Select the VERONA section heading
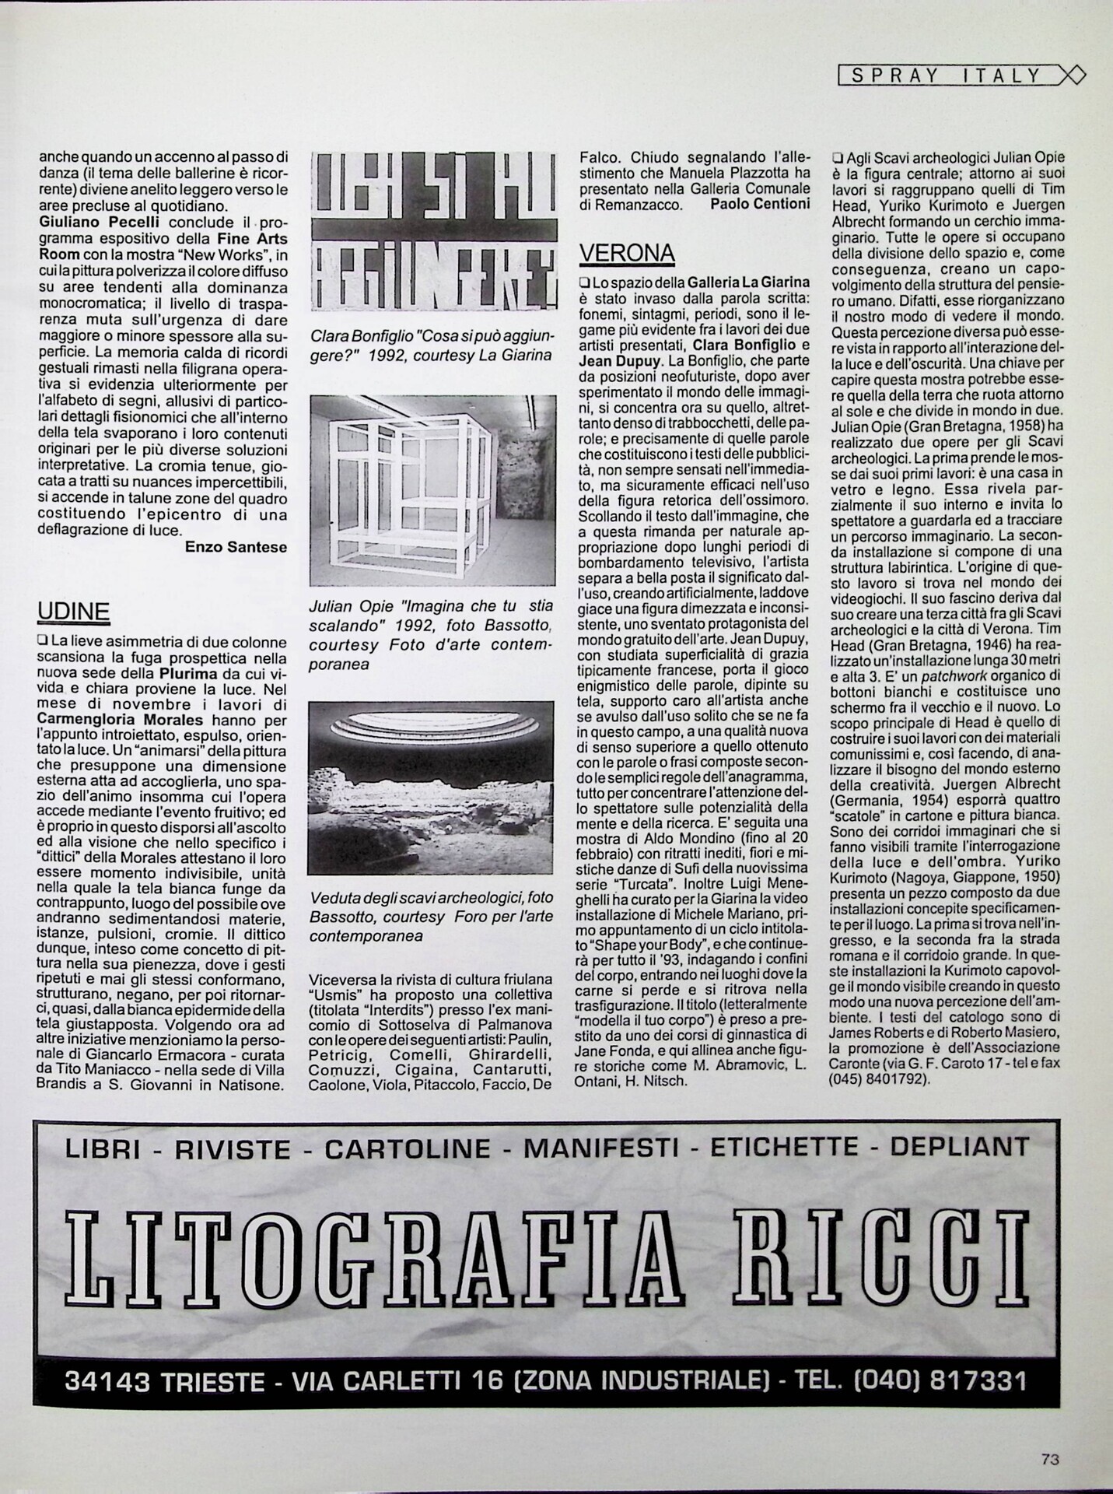click(628, 253)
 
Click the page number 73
click(1050, 1459)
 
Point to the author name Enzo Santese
click(236, 547)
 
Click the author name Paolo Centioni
click(761, 204)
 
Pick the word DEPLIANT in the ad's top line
click(959, 1147)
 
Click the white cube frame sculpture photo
click(432, 490)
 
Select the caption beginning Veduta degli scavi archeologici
click(431, 917)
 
